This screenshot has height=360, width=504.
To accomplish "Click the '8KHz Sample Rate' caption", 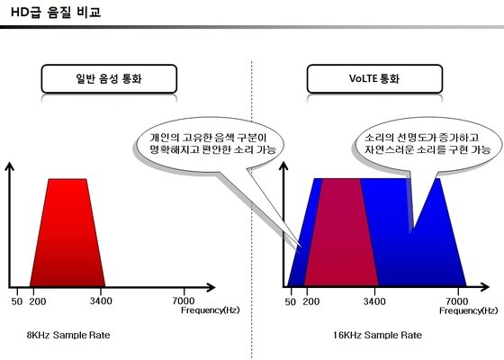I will [x=68, y=334].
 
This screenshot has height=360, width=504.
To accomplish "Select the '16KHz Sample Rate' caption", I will [x=376, y=334].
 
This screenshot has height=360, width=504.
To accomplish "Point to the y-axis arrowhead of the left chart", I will [x=10, y=168].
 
